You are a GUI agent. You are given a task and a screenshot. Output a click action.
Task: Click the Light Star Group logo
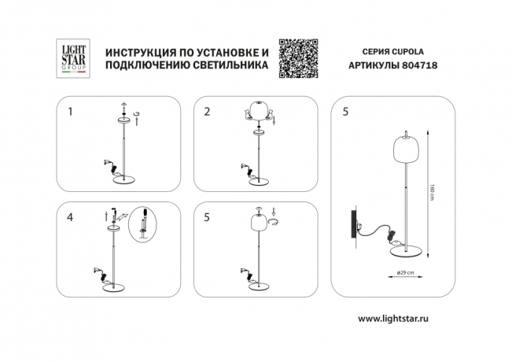[75, 58]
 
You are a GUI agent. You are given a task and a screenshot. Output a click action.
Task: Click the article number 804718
[421, 67]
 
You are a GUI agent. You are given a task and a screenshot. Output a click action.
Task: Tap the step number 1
[71, 112]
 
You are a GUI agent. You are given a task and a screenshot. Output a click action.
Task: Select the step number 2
[207, 112]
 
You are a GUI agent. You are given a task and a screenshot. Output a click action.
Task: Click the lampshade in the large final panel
[403, 149]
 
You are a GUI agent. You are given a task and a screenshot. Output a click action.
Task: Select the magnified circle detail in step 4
[143, 224]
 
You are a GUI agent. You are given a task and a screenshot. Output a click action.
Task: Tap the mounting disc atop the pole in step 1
[124, 120]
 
